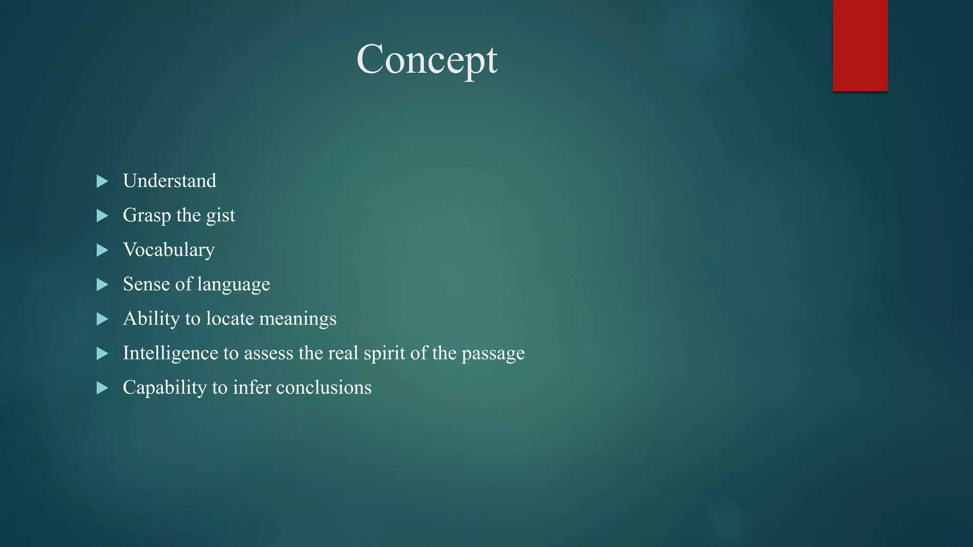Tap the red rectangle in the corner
click(860, 45)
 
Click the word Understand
click(169, 181)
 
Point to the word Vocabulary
click(169, 250)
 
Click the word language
click(233, 284)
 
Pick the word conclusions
click(324, 387)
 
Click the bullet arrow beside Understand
click(102, 181)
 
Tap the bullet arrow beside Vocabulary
click(102, 250)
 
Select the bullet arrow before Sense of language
click(102, 285)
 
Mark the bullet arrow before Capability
click(102, 388)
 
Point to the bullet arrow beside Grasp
click(102, 216)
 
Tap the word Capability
click(164, 387)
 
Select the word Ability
click(151, 319)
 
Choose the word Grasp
click(147, 216)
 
